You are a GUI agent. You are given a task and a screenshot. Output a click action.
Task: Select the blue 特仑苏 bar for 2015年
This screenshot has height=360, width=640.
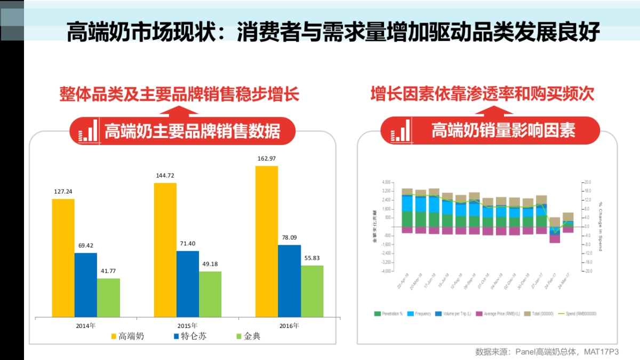[x=187, y=284]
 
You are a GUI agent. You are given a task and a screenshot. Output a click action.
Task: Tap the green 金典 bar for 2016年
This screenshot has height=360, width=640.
[x=312, y=291]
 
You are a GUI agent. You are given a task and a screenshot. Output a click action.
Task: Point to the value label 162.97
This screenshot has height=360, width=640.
[x=267, y=158]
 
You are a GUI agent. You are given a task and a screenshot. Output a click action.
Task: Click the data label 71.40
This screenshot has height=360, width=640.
[x=188, y=243]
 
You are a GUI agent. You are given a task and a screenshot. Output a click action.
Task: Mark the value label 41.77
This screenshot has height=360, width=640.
[x=108, y=271]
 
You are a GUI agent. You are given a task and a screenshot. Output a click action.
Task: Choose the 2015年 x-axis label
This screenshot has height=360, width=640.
[x=187, y=325]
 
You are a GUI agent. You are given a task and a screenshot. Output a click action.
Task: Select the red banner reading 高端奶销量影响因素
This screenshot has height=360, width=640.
[x=490, y=131]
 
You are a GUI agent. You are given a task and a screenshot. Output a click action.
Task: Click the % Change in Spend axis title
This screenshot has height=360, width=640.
[x=600, y=226]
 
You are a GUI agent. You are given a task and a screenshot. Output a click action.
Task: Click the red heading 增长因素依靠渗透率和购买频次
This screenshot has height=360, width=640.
[x=482, y=94]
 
